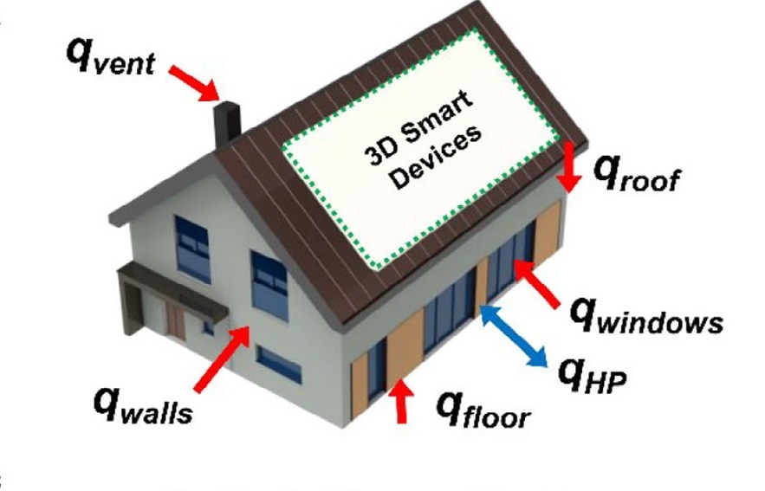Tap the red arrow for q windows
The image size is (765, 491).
pos(540,284)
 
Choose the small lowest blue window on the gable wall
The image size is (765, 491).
pos(279,365)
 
